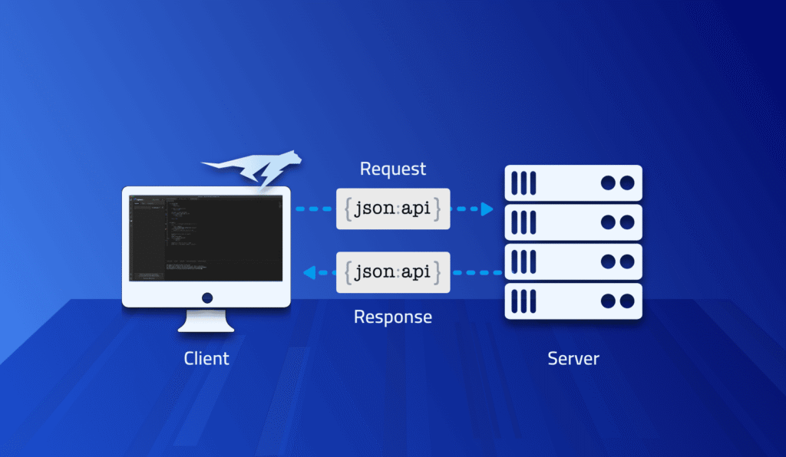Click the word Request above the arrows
pos(393,169)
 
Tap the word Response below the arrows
pos(393,317)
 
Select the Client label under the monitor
pos(206,358)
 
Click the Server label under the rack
pos(573,358)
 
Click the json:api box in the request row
pos(393,209)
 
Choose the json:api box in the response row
pos(393,271)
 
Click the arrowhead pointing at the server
pos(487,209)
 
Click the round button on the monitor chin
pos(206,297)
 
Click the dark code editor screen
pos(206,237)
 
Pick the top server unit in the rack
pos(573,183)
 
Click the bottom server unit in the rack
pos(573,301)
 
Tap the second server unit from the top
pos(573,222)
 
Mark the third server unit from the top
pos(573,261)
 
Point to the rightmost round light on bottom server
pos(627,301)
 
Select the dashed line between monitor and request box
pos(315,209)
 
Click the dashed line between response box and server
pos(477,271)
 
